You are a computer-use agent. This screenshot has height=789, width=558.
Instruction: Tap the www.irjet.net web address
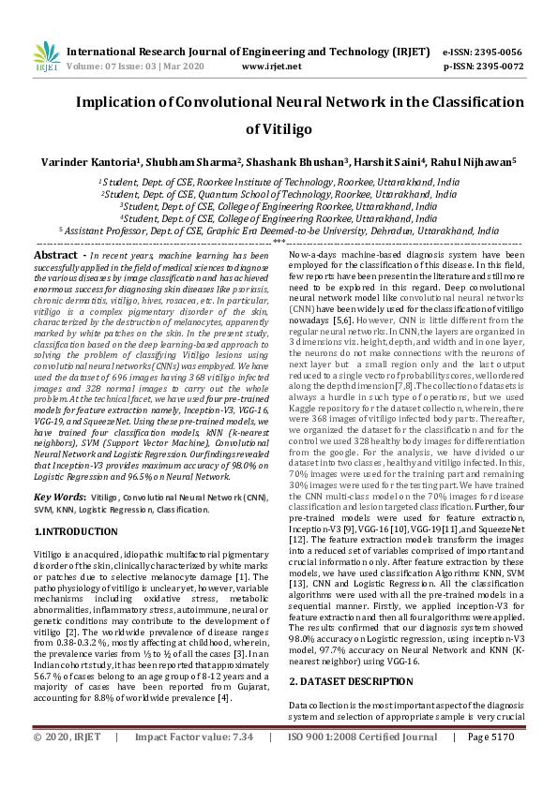point(271,67)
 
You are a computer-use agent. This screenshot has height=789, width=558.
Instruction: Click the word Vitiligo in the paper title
point(279,129)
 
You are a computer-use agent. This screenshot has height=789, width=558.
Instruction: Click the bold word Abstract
point(55,255)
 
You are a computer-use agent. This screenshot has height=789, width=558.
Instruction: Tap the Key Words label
point(62,498)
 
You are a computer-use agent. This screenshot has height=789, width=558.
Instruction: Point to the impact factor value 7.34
point(240,764)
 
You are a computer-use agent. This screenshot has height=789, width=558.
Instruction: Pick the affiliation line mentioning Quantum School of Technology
point(279,194)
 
